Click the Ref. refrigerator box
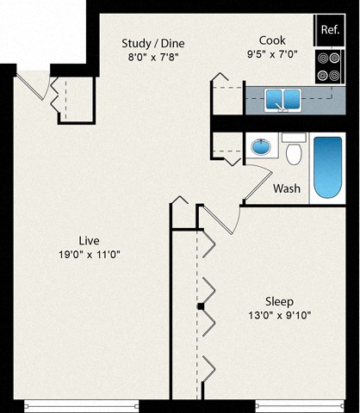point(329,30)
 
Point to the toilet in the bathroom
point(294,151)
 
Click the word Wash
point(287,188)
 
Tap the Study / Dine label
point(154,43)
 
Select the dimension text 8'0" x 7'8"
point(154,59)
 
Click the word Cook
point(272,40)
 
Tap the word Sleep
point(279,301)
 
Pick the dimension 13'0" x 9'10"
point(279,316)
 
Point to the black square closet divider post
point(200,306)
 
